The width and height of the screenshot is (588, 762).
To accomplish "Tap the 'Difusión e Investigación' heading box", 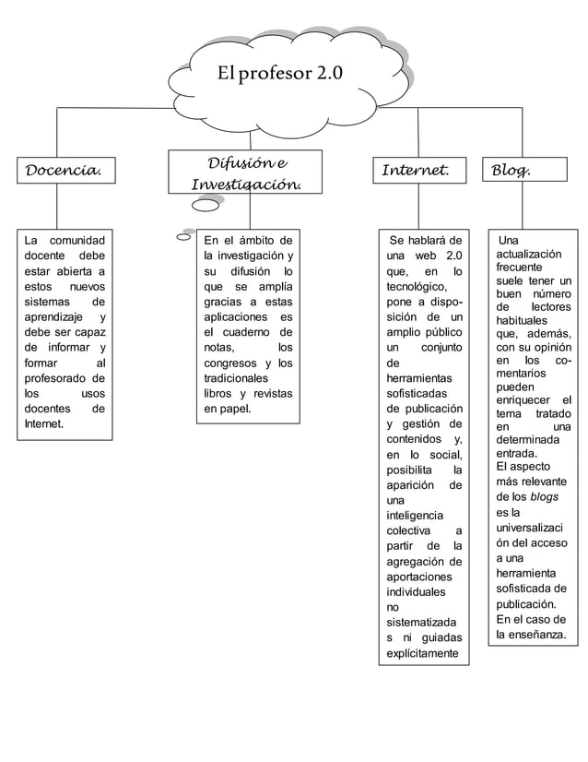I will pos(245,173).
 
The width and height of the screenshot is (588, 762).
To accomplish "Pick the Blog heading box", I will pos(518,170).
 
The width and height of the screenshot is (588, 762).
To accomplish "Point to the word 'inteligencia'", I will pos(415,515).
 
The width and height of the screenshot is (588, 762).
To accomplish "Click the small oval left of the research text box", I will pos(182,237).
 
